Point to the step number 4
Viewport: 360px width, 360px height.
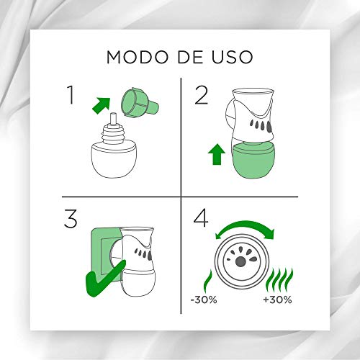click(x=201, y=219)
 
